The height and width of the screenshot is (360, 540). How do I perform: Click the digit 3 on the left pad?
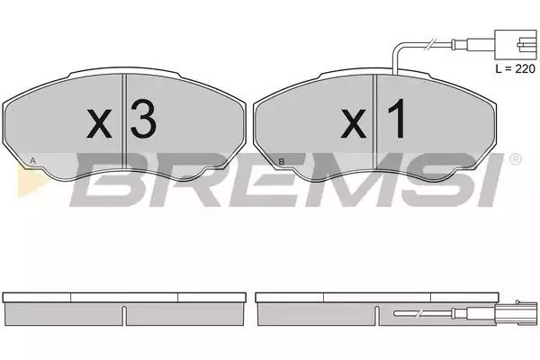(x=143, y=119)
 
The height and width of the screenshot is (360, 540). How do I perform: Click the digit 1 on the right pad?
(x=397, y=119)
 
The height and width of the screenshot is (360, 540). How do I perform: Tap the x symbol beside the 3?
(x=99, y=123)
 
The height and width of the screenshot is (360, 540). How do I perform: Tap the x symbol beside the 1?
(x=354, y=123)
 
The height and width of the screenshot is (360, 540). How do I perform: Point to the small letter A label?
(x=32, y=160)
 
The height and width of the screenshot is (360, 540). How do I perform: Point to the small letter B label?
(x=282, y=162)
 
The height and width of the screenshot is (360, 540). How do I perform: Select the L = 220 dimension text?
(x=515, y=68)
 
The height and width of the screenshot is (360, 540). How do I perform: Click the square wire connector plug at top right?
(x=516, y=45)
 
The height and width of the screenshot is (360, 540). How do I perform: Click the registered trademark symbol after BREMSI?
(x=515, y=159)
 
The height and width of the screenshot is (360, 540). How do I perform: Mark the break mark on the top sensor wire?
(x=431, y=44)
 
